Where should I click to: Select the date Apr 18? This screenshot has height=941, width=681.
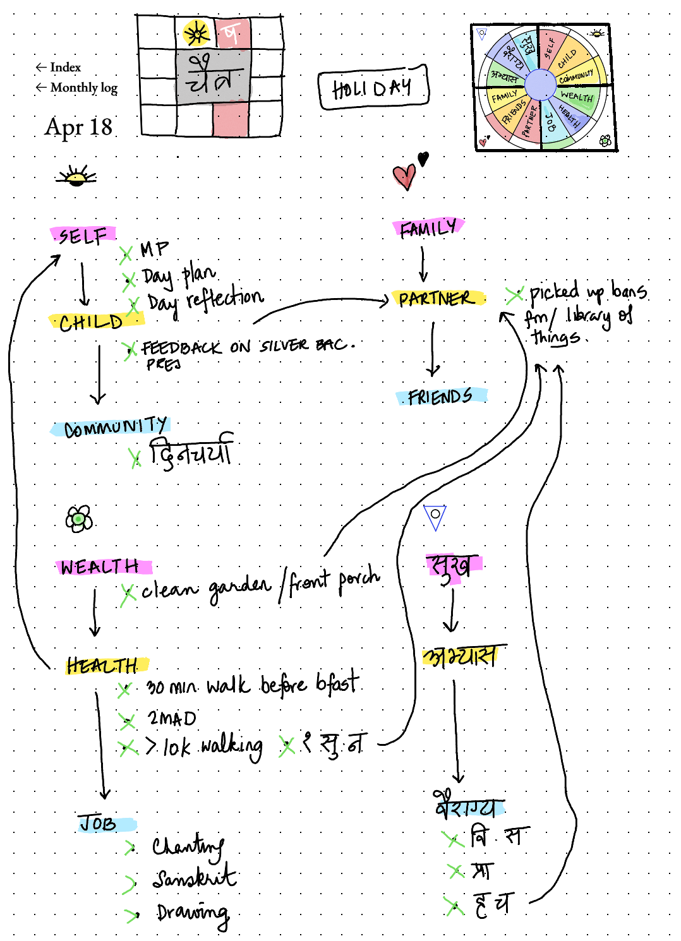(x=78, y=127)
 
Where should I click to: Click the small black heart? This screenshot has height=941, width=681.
(x=423, y=159)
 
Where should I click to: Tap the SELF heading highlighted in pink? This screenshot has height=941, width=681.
(x=83, y=236)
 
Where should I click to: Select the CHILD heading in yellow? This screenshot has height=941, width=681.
(x=92, y=322)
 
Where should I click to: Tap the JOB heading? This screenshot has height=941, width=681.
(x=99, y=823)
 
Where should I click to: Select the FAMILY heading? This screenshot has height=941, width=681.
(x=428, y=228)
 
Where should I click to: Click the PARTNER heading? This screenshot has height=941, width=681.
(x=436, y=298)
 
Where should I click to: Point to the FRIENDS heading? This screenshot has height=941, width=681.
(x=440, y=397)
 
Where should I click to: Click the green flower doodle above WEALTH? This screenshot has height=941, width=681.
(x=79, y=519)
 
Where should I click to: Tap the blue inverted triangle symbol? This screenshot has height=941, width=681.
(x=435, y=516)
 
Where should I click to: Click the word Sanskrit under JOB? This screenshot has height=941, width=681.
(x=194, y=878)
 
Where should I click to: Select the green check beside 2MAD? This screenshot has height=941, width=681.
(x=127, y=720)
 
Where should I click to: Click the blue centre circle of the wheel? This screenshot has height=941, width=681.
(x=540, y=84)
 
